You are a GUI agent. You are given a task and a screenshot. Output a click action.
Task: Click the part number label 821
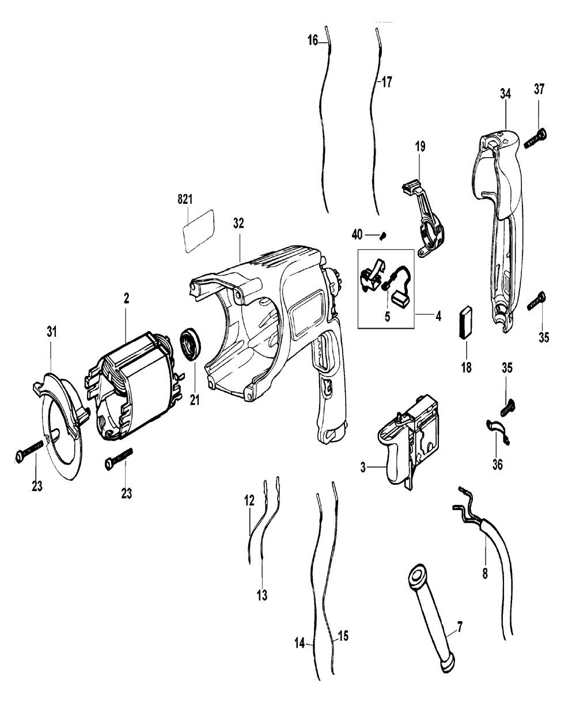(x=184, y=199)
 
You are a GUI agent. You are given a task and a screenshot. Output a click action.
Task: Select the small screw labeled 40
(x=384, y=234)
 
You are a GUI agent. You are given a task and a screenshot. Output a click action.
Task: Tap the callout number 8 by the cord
(x=484, y=574)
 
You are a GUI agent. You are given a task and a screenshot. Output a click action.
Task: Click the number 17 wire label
(x=386, y=82)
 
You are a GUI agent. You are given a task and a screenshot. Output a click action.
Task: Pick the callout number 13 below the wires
(x=262, y=596)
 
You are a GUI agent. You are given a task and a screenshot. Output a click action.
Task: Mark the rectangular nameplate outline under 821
(x=196, y=230)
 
